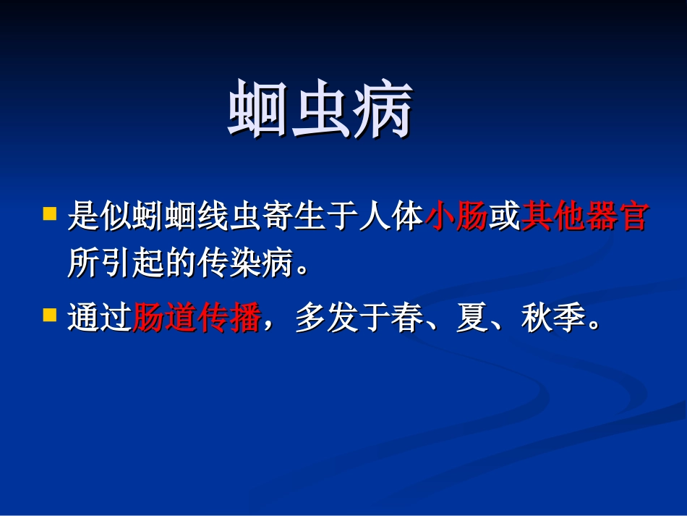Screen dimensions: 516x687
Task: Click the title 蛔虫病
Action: point(320,110)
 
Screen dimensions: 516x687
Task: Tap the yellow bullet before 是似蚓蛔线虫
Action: point(49,214)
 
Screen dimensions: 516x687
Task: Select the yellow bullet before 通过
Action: point(49,315)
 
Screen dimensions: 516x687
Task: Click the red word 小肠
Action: point(456,217)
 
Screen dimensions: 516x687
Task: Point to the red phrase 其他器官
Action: point(584,217)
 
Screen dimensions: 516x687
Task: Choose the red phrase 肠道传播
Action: point(196,318)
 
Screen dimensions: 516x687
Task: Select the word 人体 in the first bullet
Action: point(391,217)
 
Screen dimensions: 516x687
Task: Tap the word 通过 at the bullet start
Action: point(99,318)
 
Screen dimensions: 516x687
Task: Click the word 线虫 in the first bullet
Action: point(229,217)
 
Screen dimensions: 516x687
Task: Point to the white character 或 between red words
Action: point(504,217)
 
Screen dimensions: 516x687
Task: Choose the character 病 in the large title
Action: point(383,110)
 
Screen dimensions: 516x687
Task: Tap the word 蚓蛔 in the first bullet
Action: point(164,217)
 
